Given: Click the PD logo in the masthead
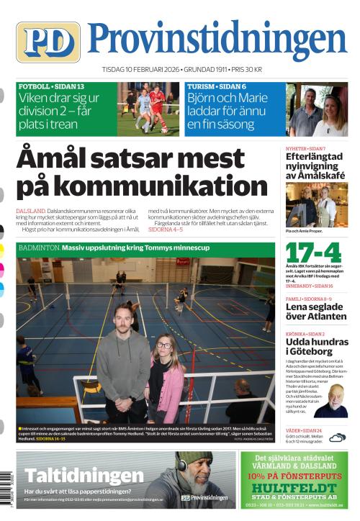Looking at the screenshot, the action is [48, 42].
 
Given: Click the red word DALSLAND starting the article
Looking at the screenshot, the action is [31, 211].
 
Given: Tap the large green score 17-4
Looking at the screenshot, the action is [313, 253].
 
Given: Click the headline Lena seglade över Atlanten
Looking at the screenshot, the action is [316, 311].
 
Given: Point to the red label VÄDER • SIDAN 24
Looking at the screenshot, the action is [307, 430].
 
